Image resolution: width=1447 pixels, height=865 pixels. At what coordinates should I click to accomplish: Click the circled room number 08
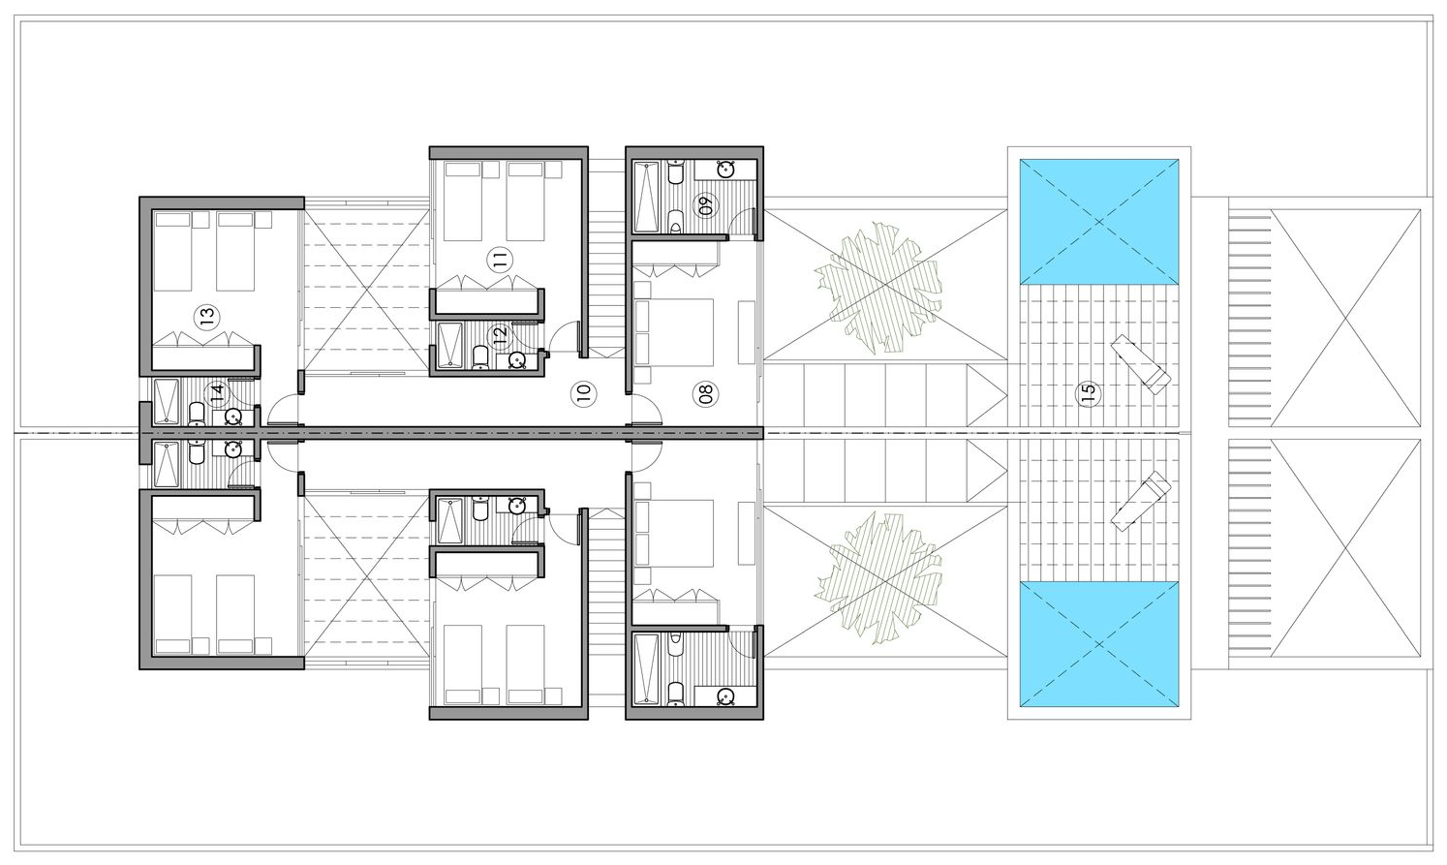click(705, 392)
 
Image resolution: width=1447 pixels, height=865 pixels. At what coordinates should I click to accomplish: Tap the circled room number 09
click(705, 205)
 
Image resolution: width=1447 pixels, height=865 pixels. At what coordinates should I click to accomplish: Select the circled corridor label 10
click(583, 392)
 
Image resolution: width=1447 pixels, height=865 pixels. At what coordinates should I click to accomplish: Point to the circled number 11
click(500, 260)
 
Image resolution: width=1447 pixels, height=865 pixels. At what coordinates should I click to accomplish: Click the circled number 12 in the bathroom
click(500, 334)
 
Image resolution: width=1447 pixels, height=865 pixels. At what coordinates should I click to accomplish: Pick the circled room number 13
click(206, 317)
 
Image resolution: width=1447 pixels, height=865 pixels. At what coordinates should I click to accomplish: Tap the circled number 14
click(215, 391)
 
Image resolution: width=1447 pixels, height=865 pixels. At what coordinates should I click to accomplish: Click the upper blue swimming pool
click(1099, 222)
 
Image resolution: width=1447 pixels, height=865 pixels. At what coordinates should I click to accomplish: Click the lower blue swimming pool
click(1099, 644)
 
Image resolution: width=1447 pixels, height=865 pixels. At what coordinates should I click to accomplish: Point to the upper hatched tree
click(877, 288)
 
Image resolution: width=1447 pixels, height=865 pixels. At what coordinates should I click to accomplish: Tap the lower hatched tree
click(877, 577)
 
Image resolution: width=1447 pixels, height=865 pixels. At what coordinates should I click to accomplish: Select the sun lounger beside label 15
click(1140, 364)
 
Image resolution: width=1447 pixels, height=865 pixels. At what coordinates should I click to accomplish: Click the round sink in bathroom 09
click(726, 170)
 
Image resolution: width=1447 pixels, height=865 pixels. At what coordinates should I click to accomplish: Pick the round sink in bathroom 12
click(517, 360)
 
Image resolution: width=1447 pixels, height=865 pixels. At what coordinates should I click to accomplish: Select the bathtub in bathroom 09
click(647, 197)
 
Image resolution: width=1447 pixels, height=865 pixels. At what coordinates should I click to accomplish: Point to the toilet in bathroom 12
click(480, 357)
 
